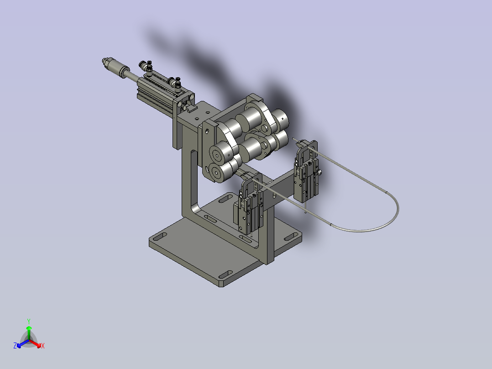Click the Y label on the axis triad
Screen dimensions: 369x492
pos(28,321)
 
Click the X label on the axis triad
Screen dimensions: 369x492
pos(42,346)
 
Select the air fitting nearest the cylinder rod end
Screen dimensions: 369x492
pos(147,66)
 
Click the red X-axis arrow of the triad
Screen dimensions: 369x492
pos(36,343)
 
